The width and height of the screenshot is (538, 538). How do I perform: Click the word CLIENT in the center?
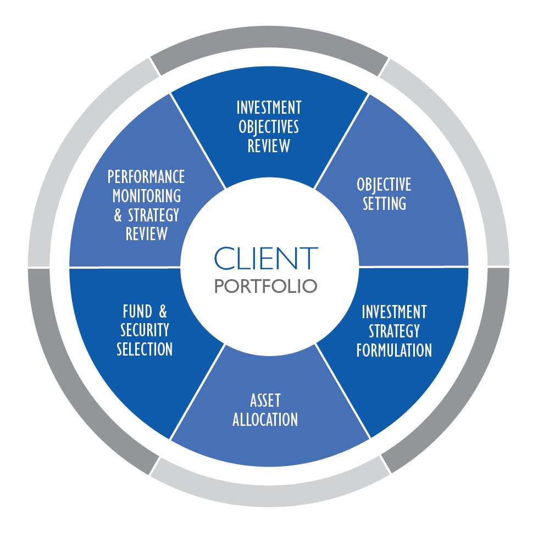tap(266, 258)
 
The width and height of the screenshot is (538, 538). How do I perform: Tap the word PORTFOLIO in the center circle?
tap(266, 286)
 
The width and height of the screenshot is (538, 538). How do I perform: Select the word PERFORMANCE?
tap(146, 177)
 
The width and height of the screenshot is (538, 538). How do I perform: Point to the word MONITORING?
tap(146, 196)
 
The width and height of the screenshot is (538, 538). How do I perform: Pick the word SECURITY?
tap(145, 330)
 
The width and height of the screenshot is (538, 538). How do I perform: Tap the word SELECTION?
tap(145, 349)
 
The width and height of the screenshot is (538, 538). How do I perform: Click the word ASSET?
tap(265, 401)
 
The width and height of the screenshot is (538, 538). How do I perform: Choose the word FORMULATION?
tap(394, 350)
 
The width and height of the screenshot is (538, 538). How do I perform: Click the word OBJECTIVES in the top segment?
tap(269, 127)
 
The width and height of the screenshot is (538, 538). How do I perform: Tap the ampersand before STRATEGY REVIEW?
tap(118, 215)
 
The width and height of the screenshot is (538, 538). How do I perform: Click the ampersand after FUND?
tap(162, 312)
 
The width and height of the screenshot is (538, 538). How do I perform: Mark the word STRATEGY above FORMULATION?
tap(394, 331)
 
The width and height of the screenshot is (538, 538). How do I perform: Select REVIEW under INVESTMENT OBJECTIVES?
tap(269, 146)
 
